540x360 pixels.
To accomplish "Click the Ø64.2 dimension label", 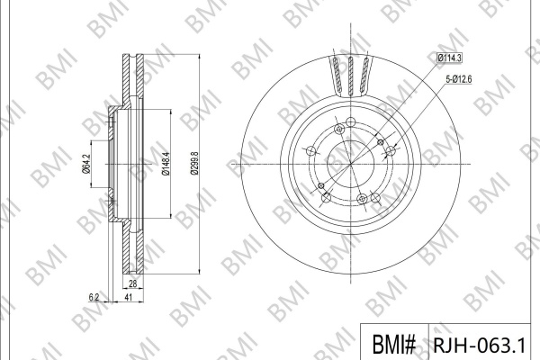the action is [x=86, y=164].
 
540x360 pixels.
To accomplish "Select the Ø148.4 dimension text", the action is [x=166, y=164].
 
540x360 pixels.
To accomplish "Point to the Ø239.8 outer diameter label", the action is [x=194, y=164].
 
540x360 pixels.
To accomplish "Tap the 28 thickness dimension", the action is [x=132, y=283].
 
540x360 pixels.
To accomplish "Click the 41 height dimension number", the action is [x=128, y=297].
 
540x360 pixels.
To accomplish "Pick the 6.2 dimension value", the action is [x=94, y=297].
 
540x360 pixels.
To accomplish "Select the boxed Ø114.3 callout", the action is [x=449, y=58].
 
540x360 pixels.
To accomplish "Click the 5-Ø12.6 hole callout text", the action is [x=459, y=79].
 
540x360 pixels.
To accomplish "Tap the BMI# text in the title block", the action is [x=394, y=344].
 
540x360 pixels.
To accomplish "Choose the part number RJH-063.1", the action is [x=480, y=344].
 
